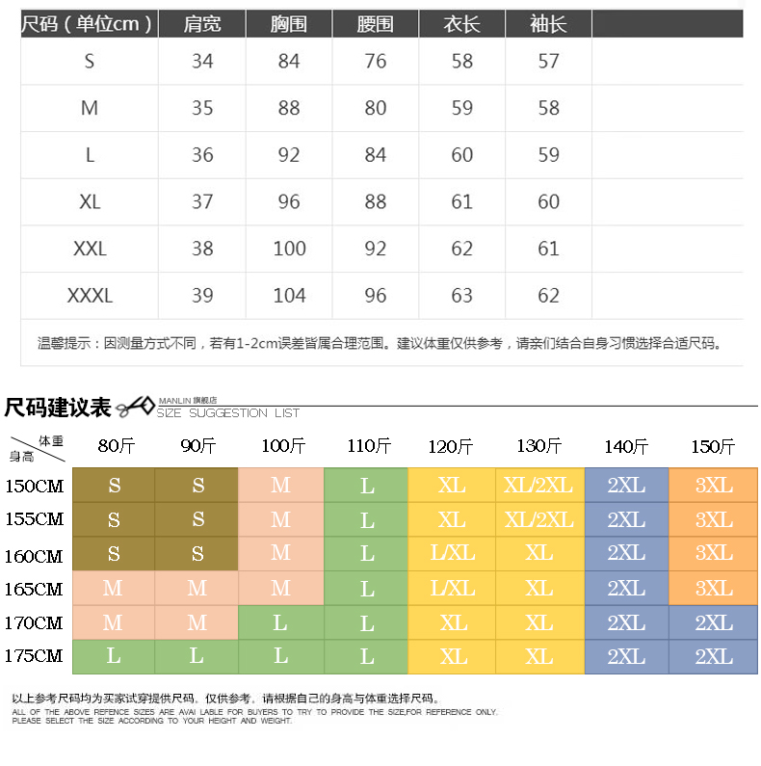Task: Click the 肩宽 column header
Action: click(x=202, y=24)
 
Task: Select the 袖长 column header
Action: click(x=548, y=24)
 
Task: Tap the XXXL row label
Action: click(x=90, y=295)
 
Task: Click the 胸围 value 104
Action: click(x=289, y=295)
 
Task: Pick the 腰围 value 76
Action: click(x=376, y=62)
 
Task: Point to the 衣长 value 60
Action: click(x=462, y=155)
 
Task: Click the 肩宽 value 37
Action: click(x=202, y=201)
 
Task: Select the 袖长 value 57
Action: click(x=548, y=62)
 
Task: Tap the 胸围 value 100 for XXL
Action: click(x=289, y=249)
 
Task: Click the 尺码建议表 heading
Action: click(x=58, y=407)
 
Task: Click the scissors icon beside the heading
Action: click(x=134, y=407)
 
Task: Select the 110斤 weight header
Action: click(x=367, y=446)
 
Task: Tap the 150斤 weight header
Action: click(x=713, y=446)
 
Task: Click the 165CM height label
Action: click(x=34, y=589)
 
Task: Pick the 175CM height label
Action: click(x=34, y=657)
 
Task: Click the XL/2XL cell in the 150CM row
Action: click(x=538, y=486)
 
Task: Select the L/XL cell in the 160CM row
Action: click(x=453, y=554)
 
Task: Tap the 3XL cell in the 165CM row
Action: click(x=714, y=589)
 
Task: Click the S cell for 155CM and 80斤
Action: click(x=114, y=520)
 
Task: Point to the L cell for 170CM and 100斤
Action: click(x=280, y=623)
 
